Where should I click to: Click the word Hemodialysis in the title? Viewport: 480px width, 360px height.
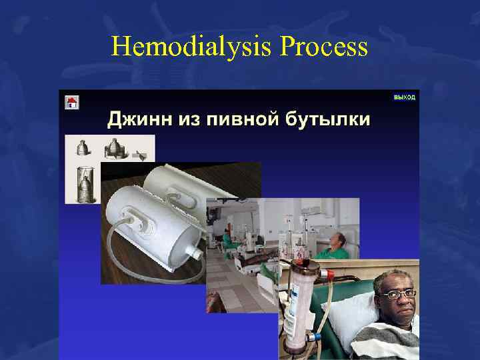pyautogui.click(x=193, y=47)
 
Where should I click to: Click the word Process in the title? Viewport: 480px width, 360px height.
pyautogui.click(x=325, y=47)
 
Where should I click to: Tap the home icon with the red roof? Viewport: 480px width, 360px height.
pyautogui.click(x=72, y=102)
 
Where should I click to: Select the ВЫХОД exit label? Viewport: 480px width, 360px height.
pyautogui.click(x=404, y=97)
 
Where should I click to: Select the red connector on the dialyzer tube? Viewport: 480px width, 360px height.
pyautogui.click(x=327, y=273)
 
